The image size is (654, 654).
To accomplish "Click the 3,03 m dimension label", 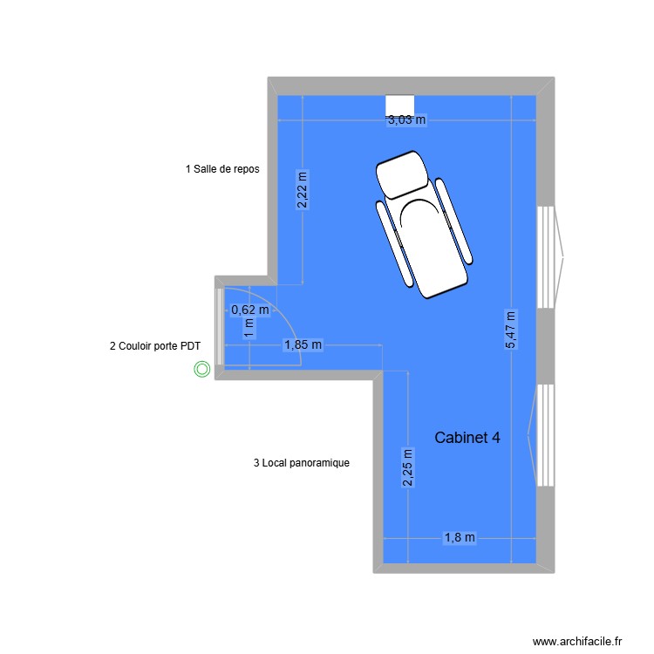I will pos(406,120).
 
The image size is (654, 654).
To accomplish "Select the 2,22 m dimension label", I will pos(302,190).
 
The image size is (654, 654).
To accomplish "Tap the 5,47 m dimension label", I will pos(510,330).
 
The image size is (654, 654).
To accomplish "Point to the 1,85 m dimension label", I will pos(303,345).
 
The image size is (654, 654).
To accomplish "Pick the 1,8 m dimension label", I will pos(460,538).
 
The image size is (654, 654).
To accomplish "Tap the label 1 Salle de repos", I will pos(222,169).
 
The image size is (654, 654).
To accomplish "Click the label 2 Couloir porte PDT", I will pos(155,346).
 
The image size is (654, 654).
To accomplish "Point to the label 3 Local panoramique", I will pos(302,463).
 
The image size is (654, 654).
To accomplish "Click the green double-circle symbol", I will pos(202,370).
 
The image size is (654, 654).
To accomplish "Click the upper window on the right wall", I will pos(547,256).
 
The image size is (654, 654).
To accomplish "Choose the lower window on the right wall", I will pos(547,435).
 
